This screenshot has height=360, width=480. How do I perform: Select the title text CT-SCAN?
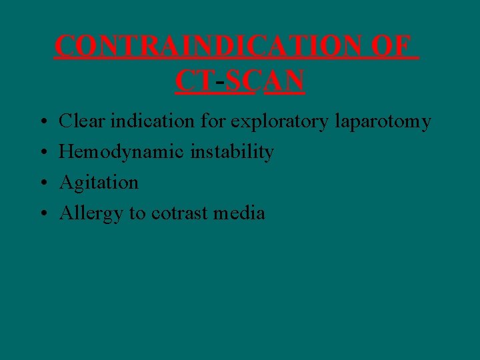(240, 81)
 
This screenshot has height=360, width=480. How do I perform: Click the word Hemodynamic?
(123, 153)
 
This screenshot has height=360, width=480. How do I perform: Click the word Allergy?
(89, 214)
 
